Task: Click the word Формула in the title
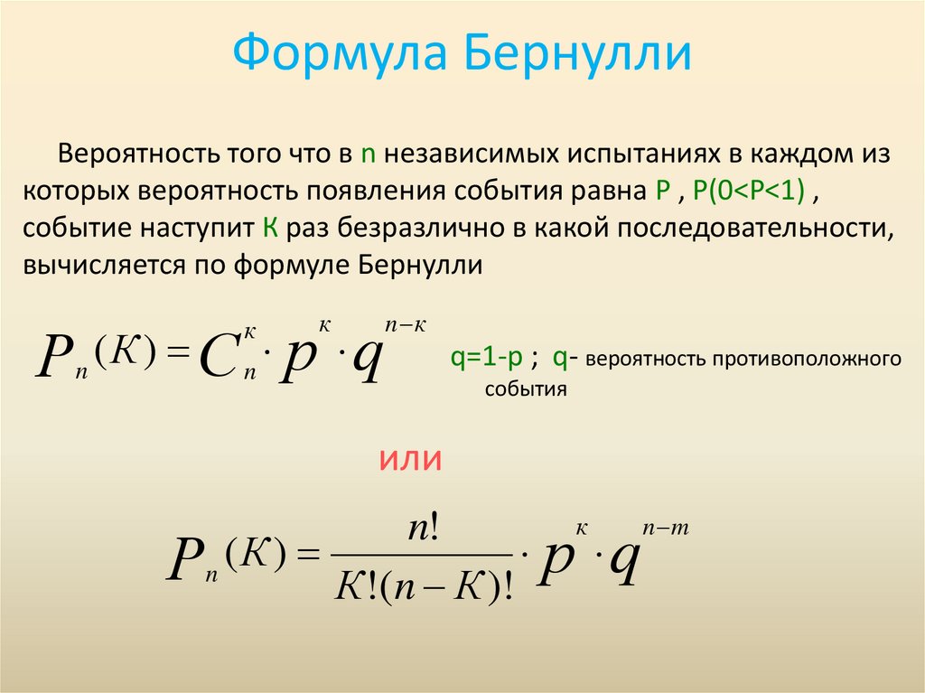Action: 341,56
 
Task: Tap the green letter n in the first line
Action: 368,154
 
